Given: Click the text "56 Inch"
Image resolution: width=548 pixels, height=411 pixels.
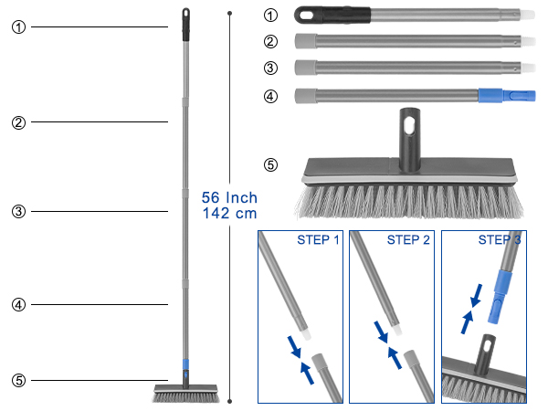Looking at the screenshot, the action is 229,198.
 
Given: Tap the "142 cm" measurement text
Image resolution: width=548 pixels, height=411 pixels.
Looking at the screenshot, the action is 229,213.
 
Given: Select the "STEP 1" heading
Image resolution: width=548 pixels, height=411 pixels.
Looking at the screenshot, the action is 318,239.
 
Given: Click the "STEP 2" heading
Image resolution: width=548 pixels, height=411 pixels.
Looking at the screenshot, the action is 408,239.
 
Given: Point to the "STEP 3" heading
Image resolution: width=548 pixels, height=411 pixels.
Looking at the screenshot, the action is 500,239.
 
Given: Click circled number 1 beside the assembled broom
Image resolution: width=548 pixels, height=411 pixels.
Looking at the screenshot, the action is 19,26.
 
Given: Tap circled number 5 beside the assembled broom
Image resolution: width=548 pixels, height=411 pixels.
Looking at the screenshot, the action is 19,380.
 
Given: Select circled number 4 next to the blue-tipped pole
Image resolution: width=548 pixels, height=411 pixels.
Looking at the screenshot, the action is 270,96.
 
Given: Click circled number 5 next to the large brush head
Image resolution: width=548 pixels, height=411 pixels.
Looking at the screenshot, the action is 270,164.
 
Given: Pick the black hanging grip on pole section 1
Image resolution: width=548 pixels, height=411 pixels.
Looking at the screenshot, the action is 332,15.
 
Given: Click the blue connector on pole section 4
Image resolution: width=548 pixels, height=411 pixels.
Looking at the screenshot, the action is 507,95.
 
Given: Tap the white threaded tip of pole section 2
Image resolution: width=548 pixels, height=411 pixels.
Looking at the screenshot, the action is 529,41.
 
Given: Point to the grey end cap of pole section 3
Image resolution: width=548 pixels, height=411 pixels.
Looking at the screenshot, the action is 306,68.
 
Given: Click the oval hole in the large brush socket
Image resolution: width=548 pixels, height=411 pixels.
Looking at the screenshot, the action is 409,126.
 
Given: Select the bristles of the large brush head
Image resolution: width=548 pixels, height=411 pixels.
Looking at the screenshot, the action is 409,202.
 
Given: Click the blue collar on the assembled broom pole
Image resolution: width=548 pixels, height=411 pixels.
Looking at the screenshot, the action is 185,364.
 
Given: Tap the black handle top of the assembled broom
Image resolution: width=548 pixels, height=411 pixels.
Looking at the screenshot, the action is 185,25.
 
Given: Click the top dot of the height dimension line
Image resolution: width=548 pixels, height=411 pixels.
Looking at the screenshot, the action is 229,14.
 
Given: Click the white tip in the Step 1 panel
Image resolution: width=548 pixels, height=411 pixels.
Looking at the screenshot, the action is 305,334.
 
